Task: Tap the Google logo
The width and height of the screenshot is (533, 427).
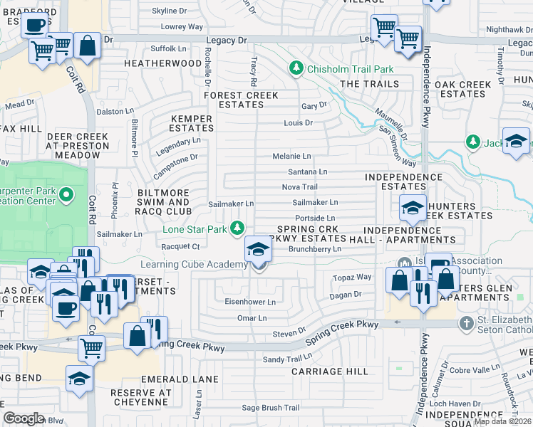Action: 24,418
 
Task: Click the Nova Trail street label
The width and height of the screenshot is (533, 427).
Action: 299,187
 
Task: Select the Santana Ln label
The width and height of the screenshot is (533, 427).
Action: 307,172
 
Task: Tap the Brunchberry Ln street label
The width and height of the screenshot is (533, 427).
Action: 315,250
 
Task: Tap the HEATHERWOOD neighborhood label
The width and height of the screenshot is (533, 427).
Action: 162,63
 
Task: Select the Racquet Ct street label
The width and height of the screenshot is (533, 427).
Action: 182,246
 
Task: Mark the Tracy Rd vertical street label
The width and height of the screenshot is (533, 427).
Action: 253,73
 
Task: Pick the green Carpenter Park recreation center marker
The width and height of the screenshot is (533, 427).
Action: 66,194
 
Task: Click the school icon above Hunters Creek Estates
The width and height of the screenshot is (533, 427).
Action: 413,208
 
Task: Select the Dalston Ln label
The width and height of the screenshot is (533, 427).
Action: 115,111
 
